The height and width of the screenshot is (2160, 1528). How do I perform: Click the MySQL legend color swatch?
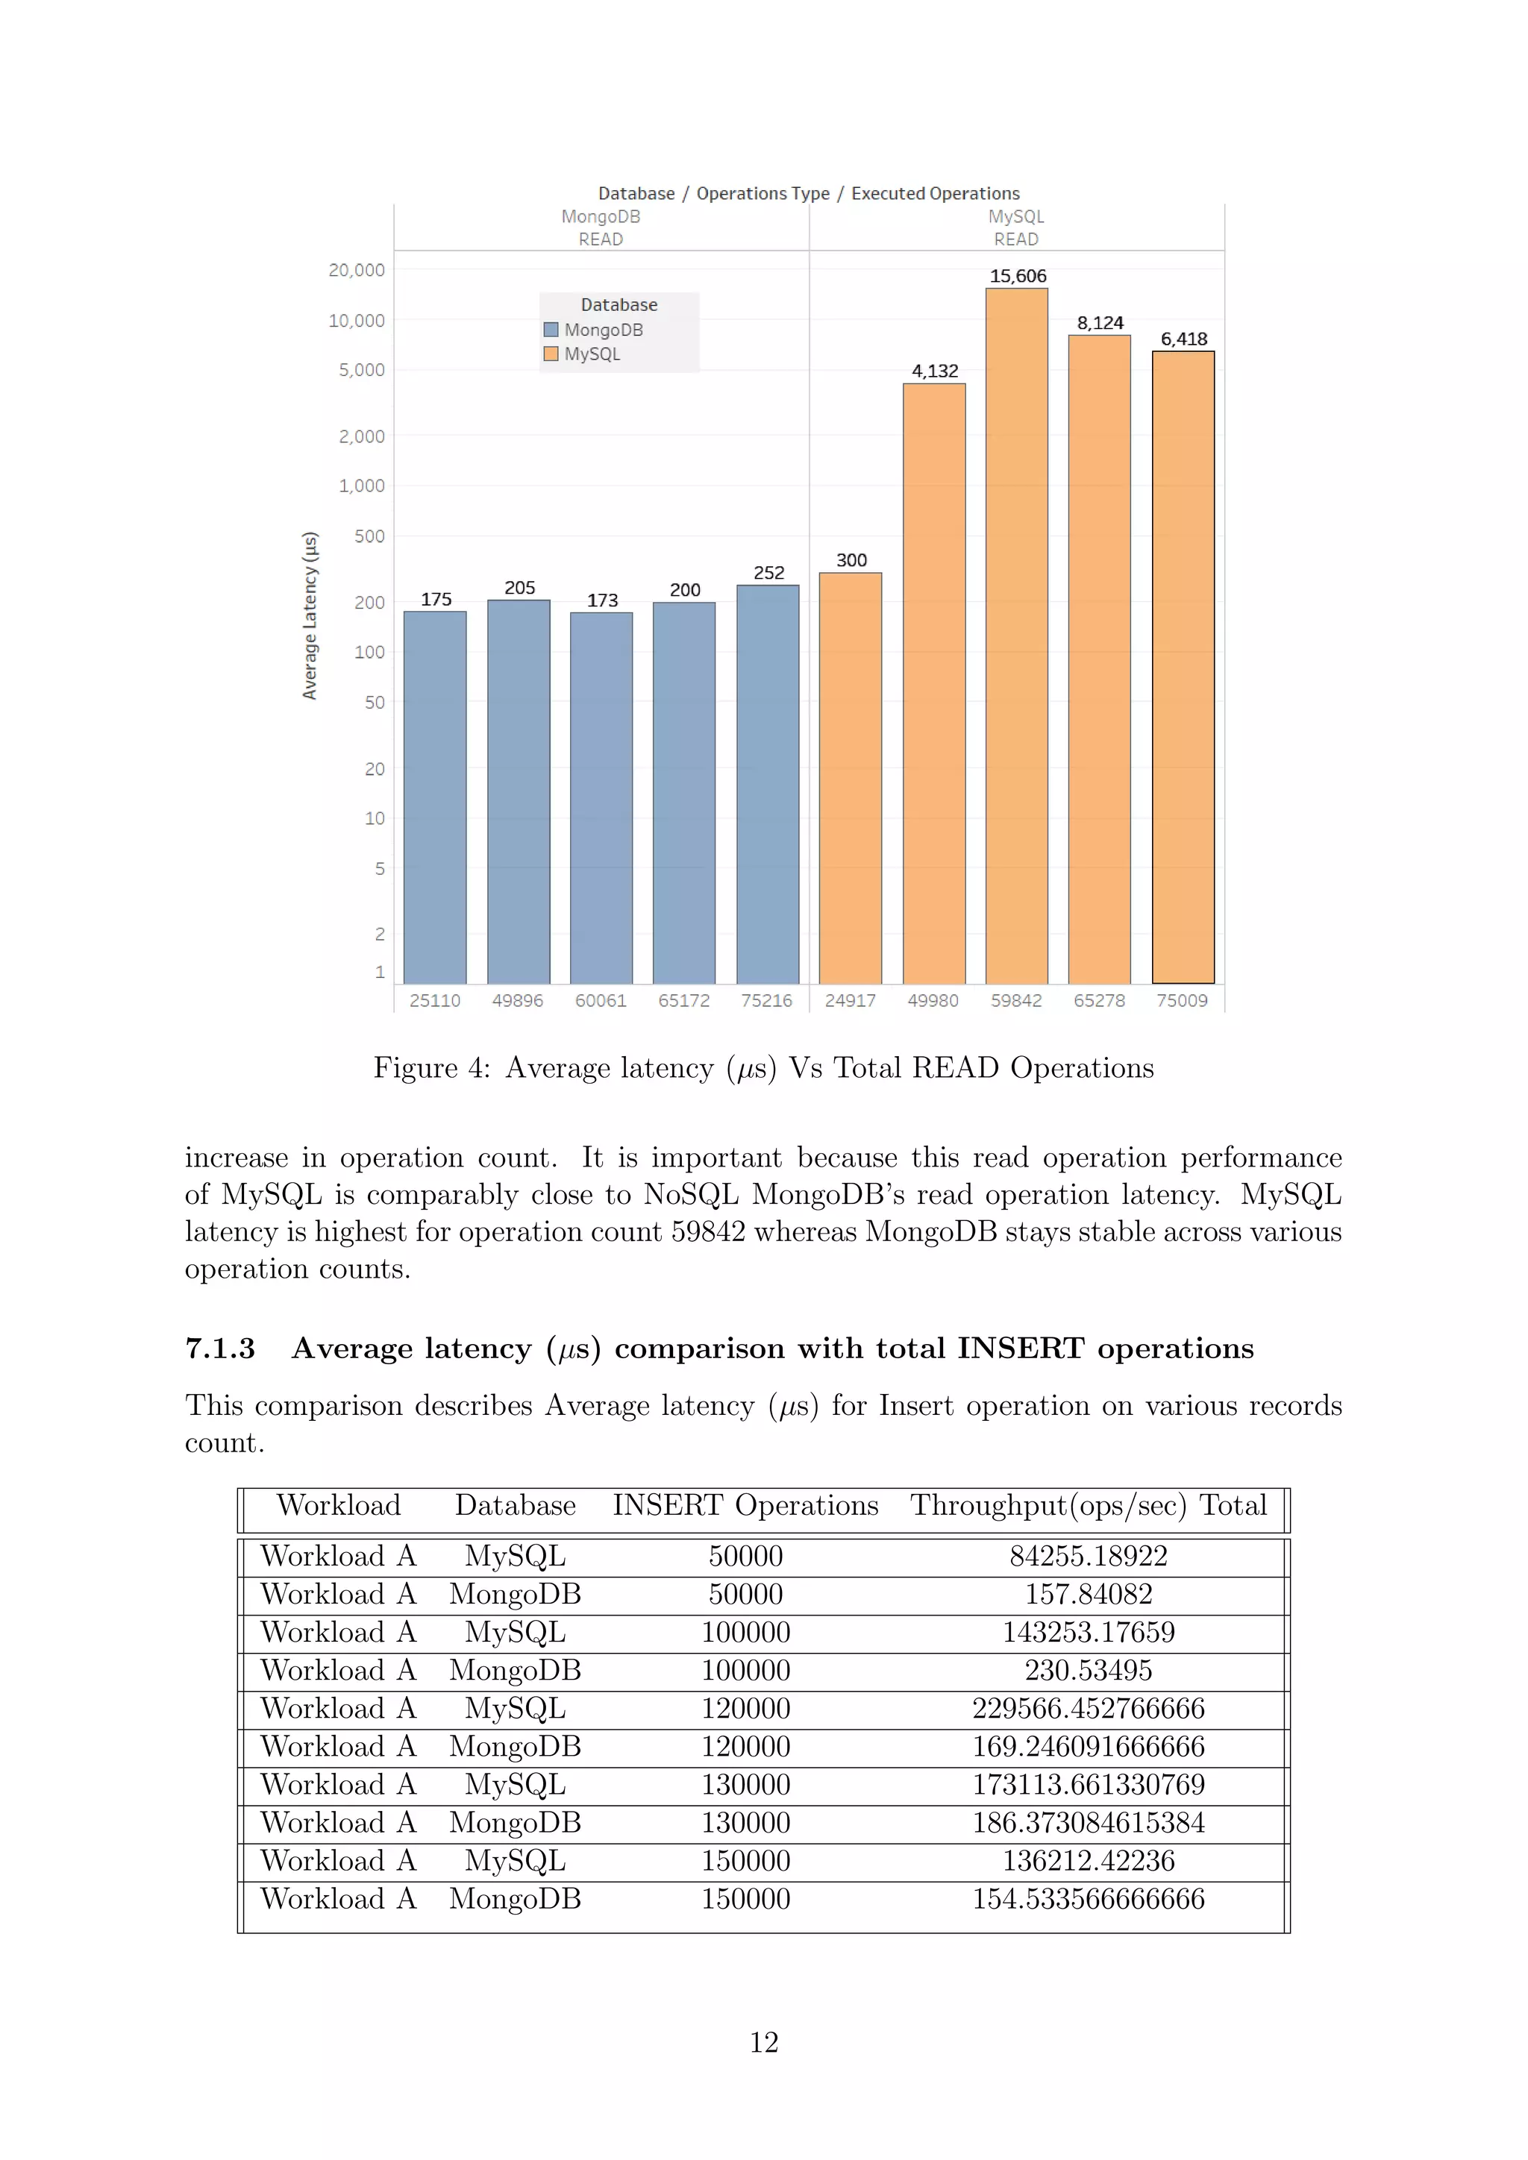(551, 354)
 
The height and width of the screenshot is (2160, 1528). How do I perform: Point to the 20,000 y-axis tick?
(357, 270)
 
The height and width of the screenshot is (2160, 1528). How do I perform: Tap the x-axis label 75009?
(1182, 1000)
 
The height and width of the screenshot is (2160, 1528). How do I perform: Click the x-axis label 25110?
(435, 1000)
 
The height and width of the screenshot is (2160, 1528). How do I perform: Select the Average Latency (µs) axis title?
(310, 615)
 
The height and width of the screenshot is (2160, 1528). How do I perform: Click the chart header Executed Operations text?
(936, 194)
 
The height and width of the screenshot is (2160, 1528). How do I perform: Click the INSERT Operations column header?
(745, 1505)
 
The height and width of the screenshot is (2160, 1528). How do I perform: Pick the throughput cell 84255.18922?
(1088, 1556)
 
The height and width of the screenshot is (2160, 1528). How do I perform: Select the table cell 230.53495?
(1088, 1670)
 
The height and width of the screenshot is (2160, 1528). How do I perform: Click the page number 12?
(764, 2041)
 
